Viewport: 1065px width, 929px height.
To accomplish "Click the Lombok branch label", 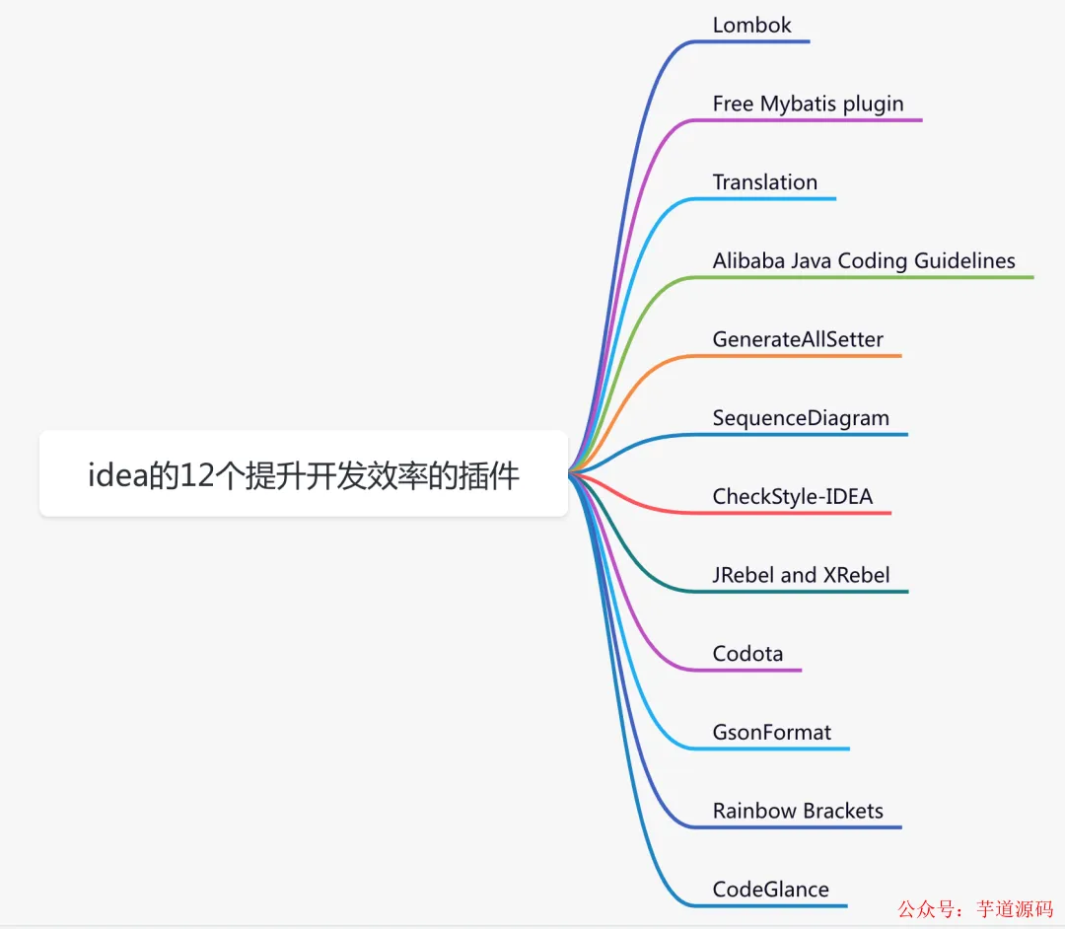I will [751, 26].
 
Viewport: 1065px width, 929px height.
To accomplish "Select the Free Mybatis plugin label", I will [808, 104].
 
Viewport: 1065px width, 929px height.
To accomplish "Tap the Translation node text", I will [764, 182].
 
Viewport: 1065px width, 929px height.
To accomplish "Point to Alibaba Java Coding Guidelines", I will [863, 261].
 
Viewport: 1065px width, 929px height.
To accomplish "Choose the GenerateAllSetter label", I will [798, 339].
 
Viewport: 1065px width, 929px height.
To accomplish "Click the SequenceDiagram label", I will [801, 418].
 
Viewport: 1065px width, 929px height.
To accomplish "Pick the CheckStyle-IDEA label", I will [792, 496].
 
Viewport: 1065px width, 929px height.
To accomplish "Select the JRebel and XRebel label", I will [801, 575].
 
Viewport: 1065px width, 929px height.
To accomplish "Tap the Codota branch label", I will [747, 654].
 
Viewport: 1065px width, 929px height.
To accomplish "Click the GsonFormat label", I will [771, 733].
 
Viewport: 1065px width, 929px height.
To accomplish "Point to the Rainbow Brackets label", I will [798, 811].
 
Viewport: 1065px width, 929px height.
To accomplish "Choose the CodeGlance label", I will [770, 890].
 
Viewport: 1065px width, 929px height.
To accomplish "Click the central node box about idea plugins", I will [303, 474].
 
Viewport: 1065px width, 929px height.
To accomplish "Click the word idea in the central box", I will [116, 476].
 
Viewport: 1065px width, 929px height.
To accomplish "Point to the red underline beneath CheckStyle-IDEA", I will [789, 513].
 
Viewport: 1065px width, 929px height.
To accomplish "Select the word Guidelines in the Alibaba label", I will [964, 261].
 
